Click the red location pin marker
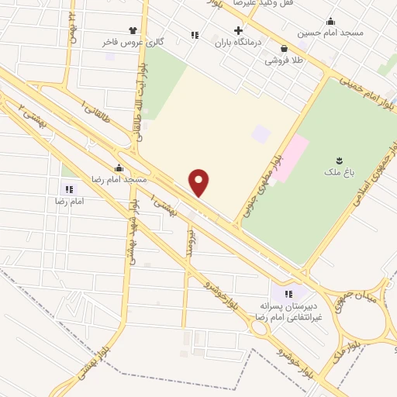(x=200, y=182)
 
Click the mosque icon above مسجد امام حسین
(x=331, y=21)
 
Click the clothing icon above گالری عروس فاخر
(x=133, y=30)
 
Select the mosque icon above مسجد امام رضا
(x=119, y=167)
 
